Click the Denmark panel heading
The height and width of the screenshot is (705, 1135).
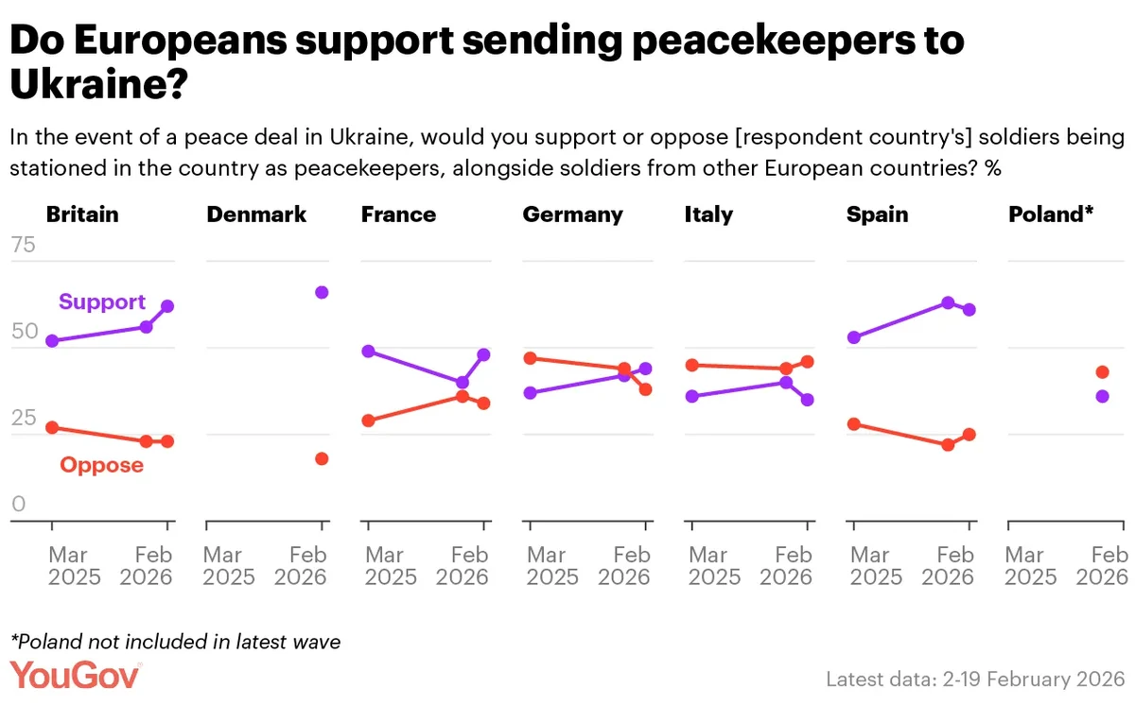256,215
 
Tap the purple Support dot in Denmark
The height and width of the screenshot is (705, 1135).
322,292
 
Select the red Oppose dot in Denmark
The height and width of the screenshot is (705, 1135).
322,458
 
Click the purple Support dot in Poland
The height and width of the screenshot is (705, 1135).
1102,396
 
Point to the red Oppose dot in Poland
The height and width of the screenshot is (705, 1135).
1102,372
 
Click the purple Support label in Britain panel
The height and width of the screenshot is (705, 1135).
102,302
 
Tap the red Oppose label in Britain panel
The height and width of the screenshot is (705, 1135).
101,465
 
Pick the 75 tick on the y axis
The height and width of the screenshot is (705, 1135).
23,247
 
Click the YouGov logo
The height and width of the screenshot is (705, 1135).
76,676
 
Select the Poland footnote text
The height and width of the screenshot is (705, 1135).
175,642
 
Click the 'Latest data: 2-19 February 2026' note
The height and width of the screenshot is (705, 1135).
974,679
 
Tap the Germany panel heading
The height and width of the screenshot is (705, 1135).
572,215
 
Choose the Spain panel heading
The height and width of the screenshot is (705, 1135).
877,215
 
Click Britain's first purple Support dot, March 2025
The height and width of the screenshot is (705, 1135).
52,340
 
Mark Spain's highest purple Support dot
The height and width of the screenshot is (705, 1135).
948,302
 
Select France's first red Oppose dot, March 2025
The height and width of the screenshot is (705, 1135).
369,421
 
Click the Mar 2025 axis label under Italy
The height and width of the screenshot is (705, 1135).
709,565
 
